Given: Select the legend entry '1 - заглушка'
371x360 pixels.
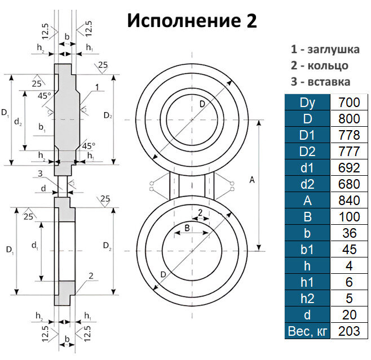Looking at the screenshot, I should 325,49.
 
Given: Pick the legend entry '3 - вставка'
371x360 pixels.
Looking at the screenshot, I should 320,82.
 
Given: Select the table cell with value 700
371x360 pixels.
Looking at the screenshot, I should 349,103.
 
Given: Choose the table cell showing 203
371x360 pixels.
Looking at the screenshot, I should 349,331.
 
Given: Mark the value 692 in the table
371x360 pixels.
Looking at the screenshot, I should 349,167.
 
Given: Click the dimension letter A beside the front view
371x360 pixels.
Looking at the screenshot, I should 251,180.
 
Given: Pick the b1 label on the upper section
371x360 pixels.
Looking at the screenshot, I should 42,128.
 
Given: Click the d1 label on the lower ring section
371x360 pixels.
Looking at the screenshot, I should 34,246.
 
